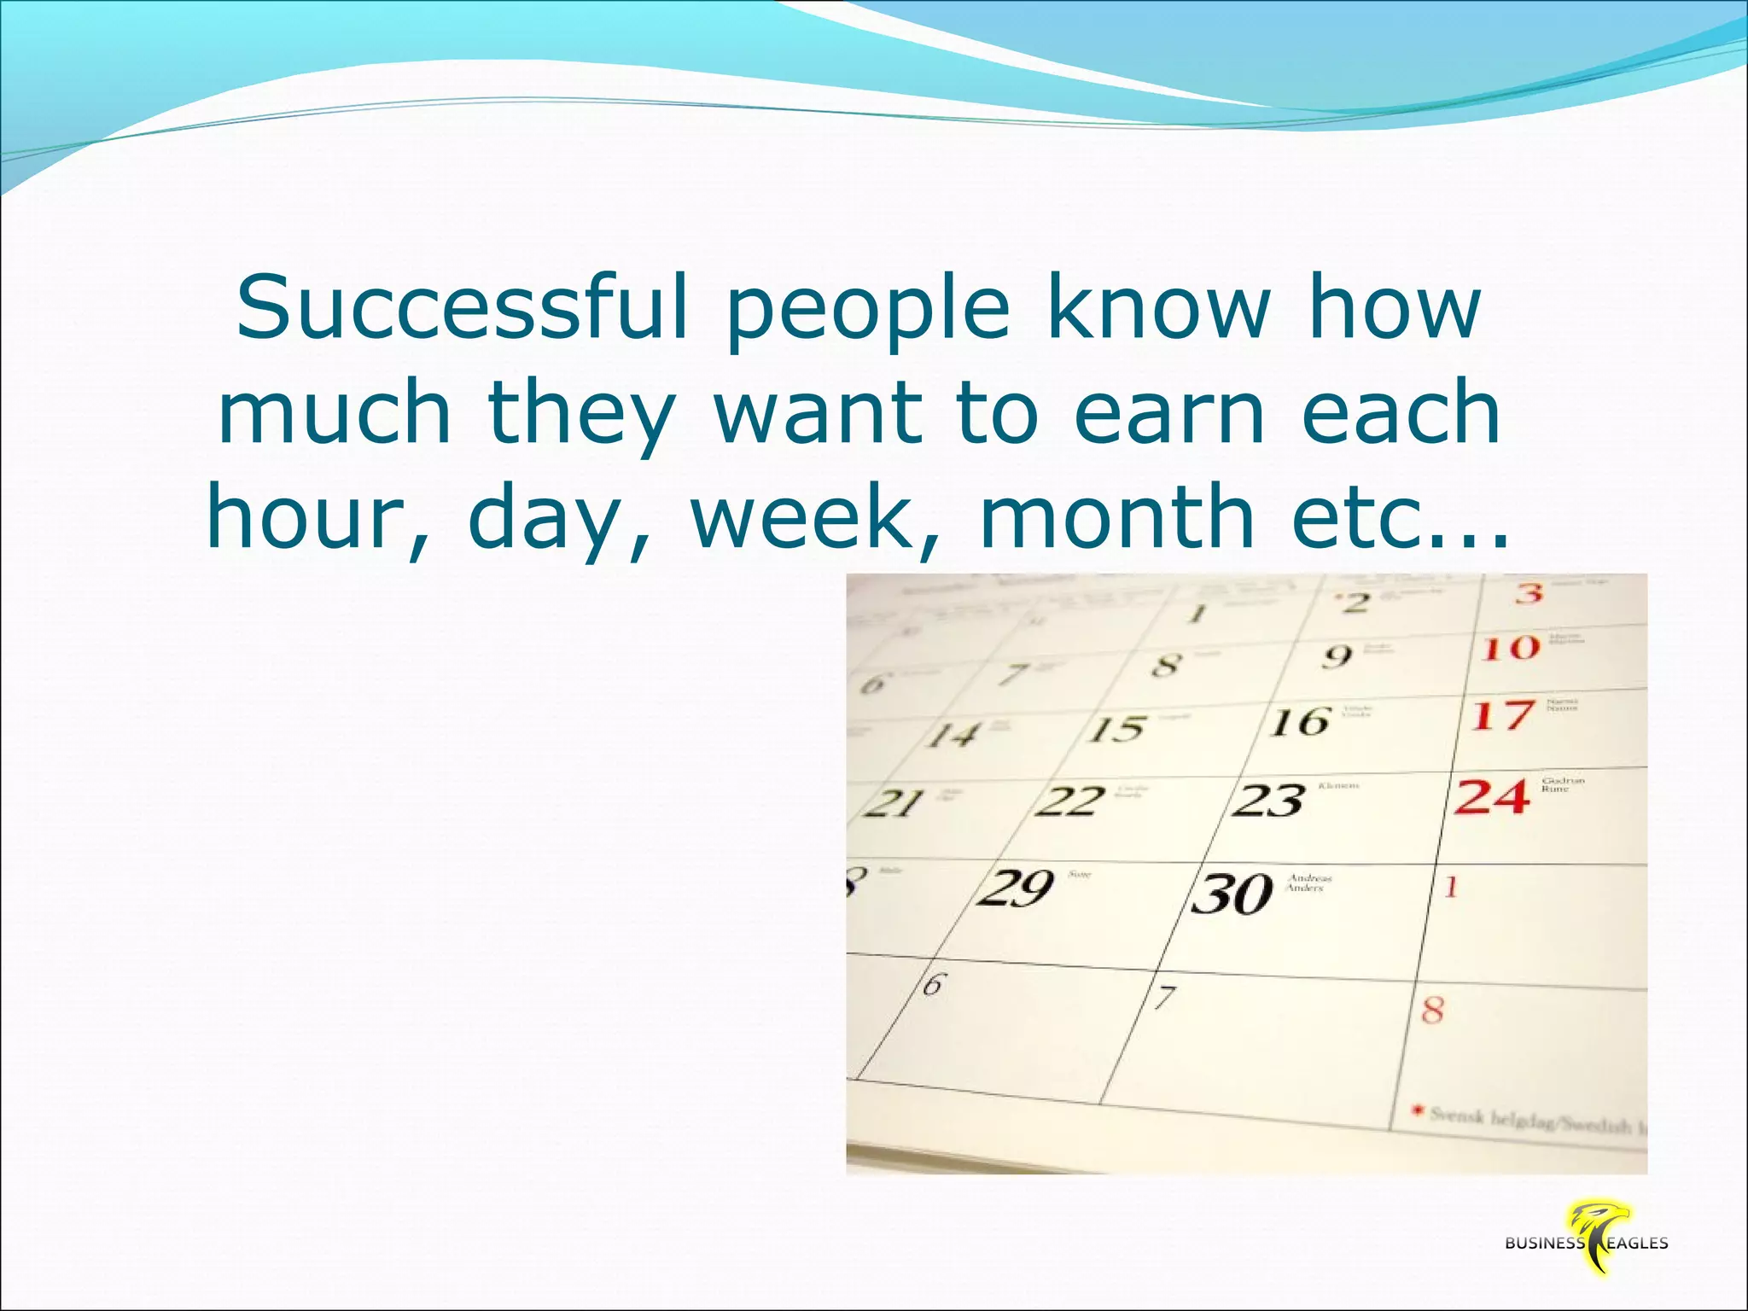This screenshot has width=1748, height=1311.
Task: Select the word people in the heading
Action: click(x=868, y=312)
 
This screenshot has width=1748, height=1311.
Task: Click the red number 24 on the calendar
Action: click(x=1491, y=796)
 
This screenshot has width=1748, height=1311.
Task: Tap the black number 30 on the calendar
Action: click(x=1232, y=894)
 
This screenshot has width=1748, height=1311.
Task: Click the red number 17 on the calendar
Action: click(x=1502, y=715)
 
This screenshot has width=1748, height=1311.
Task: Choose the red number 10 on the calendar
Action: click(x=1511, y=649)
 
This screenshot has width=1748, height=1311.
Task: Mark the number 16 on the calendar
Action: click(x=1299, y=723)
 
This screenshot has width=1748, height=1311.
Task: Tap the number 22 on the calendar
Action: click(x=1069, y=801)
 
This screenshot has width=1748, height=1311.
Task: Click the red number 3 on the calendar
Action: click(x=1529, y=592)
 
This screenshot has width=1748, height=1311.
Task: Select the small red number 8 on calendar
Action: click(x=1432, y=1011)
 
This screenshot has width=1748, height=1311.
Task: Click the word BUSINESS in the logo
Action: click(x=1544, y=1244)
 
